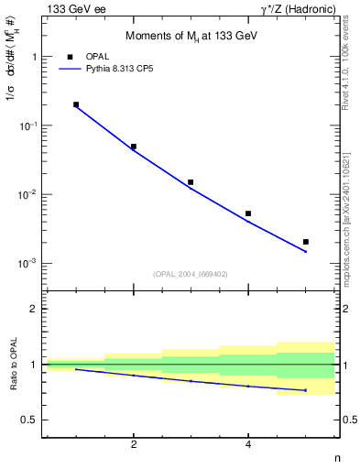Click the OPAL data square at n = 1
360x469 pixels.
pos(76,104)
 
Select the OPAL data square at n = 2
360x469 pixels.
pos(134,147)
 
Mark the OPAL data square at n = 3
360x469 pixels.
pos(191,182)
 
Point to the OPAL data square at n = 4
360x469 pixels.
pos(248,213)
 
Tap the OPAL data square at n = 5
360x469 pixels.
pos(306,242)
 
